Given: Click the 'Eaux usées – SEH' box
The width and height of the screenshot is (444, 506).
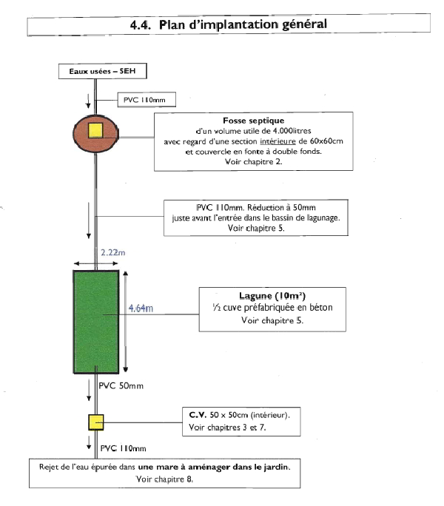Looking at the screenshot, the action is (x=103, y=71).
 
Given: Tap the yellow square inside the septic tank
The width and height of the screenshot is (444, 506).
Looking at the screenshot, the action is (x=95, y=130).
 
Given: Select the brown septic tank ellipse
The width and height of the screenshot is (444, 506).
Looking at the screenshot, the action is (x=96, y=133).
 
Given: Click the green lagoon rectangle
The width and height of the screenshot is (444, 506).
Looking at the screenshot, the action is (x=96, y=322).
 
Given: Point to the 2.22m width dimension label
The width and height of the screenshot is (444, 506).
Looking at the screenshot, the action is (x=112, y=252).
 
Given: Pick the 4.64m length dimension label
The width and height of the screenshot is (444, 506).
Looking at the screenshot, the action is (x=141, y=308).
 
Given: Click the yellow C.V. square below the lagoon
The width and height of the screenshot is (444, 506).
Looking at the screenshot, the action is (x=96, y=422).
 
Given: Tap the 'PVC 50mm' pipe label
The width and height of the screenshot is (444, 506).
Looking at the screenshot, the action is (x=121, y=385).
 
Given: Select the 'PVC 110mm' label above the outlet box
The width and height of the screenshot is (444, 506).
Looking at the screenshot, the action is (x=123, y=448).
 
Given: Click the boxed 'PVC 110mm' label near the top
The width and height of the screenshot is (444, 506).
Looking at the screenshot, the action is (x=144, y=100).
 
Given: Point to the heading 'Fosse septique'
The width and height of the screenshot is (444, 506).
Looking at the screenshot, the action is (x=254, y=121).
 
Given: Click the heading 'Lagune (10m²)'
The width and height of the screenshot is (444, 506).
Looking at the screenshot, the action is (x=272, y=296).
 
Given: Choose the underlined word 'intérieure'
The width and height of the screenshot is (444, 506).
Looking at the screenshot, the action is (x=277, y=141).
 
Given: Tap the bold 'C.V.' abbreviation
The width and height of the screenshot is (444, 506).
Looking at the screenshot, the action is (x=198, y=415).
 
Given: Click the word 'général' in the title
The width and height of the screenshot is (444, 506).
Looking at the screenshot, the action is (x=304, y=24).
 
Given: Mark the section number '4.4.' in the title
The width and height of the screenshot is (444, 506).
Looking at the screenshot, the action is (x=141, y=25).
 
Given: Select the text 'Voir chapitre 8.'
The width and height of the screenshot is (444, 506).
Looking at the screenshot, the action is (x=165, y=479).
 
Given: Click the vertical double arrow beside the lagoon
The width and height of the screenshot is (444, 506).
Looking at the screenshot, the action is (x=126, y=322).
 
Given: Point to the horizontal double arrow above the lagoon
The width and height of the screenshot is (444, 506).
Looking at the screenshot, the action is (x=96, y=263).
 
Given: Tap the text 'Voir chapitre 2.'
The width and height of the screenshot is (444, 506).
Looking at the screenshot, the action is (x=254, y=161).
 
